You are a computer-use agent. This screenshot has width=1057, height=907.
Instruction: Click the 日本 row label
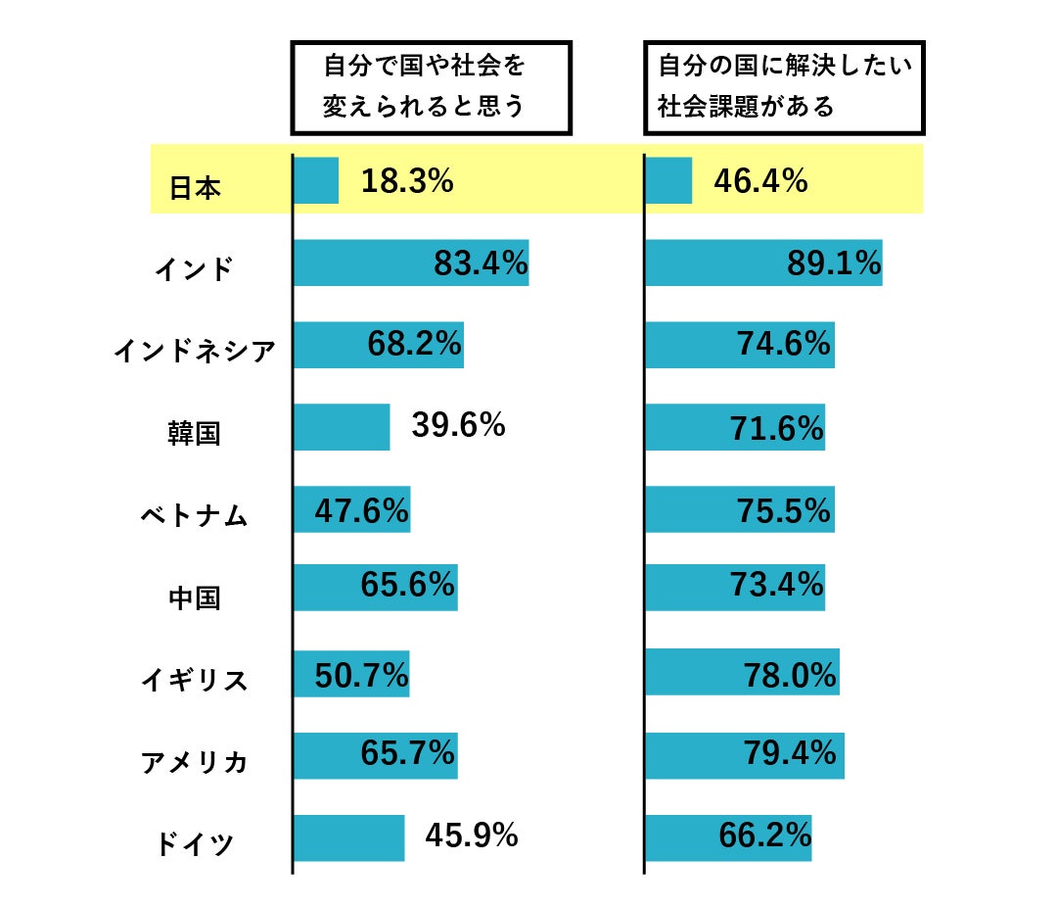pos(195,187)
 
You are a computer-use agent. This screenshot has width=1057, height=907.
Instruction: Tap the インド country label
pos(195,268)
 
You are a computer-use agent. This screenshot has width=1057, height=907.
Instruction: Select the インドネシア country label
pos(195,350)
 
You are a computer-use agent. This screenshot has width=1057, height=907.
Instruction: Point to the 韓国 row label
pos(195,432)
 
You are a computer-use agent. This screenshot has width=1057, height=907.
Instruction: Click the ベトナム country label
pos(195,514)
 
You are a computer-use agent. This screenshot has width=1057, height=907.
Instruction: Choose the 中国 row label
pos(195,597)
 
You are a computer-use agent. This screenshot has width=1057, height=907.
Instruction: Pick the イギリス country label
pos(195,679)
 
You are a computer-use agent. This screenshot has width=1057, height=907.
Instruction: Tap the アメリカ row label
pos(195,761)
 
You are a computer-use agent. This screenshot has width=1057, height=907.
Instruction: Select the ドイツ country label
pos(195,843)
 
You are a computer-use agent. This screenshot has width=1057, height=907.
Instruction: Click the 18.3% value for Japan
pos(406,181)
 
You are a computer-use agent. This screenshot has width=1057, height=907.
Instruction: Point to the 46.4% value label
pos(760,181)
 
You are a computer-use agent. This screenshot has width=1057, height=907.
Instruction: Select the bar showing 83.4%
pos(411,263)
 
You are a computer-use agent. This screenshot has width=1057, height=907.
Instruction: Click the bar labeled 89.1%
pos(763,263)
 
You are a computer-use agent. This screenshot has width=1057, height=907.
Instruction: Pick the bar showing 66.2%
pos(728,837)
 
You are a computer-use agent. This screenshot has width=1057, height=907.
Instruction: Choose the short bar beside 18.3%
pos(316,180)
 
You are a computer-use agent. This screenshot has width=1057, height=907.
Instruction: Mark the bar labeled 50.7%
pos(351,674)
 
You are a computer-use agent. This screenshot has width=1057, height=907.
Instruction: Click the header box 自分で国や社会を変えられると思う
pos(431,87)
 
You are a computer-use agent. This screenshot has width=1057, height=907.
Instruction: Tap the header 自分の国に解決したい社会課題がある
pos(784,87)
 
